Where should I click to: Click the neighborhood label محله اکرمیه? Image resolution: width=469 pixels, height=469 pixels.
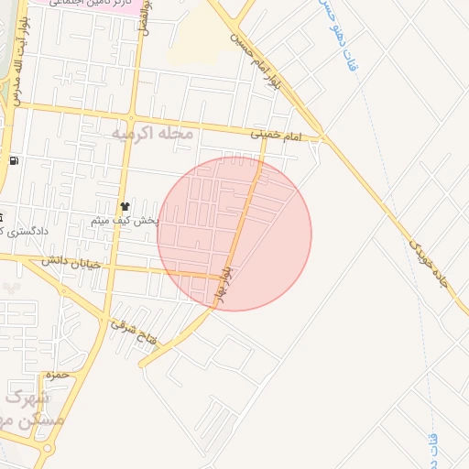coord(152,134)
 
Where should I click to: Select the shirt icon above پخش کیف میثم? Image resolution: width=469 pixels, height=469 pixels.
coord(124,206)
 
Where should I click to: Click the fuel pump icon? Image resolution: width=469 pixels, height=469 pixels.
coord(14,162)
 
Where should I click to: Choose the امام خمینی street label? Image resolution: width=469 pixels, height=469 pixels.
coord(277,135)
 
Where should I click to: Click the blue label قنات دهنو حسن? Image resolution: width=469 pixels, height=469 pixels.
coord(335,37)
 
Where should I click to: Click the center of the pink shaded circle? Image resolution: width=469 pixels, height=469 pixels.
coord(234,234)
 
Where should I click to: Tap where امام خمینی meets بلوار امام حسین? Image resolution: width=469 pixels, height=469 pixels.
coord(323,139)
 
